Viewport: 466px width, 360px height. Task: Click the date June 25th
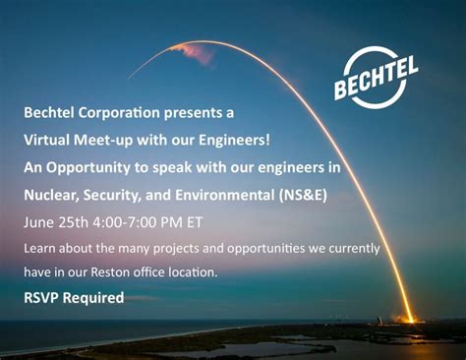(53, 221)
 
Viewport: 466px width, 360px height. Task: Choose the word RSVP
(44, 297)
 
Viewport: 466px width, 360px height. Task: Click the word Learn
(42, 248)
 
